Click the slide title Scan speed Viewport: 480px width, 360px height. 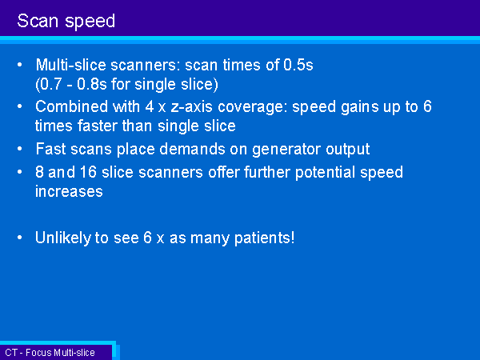[66, 22]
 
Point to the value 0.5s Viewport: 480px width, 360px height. [298, 65]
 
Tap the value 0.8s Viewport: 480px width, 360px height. [91, 84]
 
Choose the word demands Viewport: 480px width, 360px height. [192, 149]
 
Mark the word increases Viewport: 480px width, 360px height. [69, 192]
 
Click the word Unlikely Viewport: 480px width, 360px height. [62, 238]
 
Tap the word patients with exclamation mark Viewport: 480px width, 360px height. [265, 238]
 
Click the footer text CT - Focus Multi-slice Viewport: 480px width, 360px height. [50, 353]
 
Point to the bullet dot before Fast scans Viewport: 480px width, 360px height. [20, 149]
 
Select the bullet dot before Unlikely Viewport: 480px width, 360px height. [20, 238]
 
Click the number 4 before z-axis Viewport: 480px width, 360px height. [150, 106]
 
